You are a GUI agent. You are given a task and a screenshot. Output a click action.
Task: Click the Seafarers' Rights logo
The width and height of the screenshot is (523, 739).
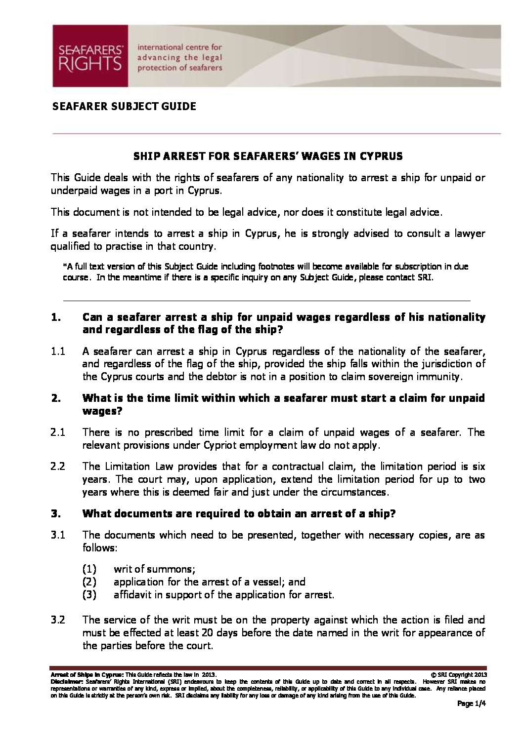tap(90, 56)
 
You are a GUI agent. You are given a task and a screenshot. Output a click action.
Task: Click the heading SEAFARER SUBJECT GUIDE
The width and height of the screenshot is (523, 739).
tap(124, 107)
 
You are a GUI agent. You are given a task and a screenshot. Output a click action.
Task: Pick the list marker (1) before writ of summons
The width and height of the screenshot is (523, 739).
tap(89, 569)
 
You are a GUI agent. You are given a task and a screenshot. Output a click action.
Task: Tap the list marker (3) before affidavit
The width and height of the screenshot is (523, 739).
tap(89, 595)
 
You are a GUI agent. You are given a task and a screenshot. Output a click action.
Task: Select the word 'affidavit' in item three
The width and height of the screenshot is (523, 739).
tap(132, 595)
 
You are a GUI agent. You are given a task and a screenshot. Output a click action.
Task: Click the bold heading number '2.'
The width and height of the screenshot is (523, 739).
tap(55, 398)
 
